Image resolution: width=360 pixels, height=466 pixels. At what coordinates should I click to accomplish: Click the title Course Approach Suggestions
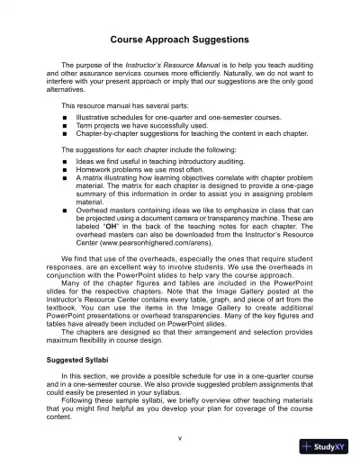coord(180,40)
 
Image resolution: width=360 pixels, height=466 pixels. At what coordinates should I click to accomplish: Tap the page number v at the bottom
coord(180,438)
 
